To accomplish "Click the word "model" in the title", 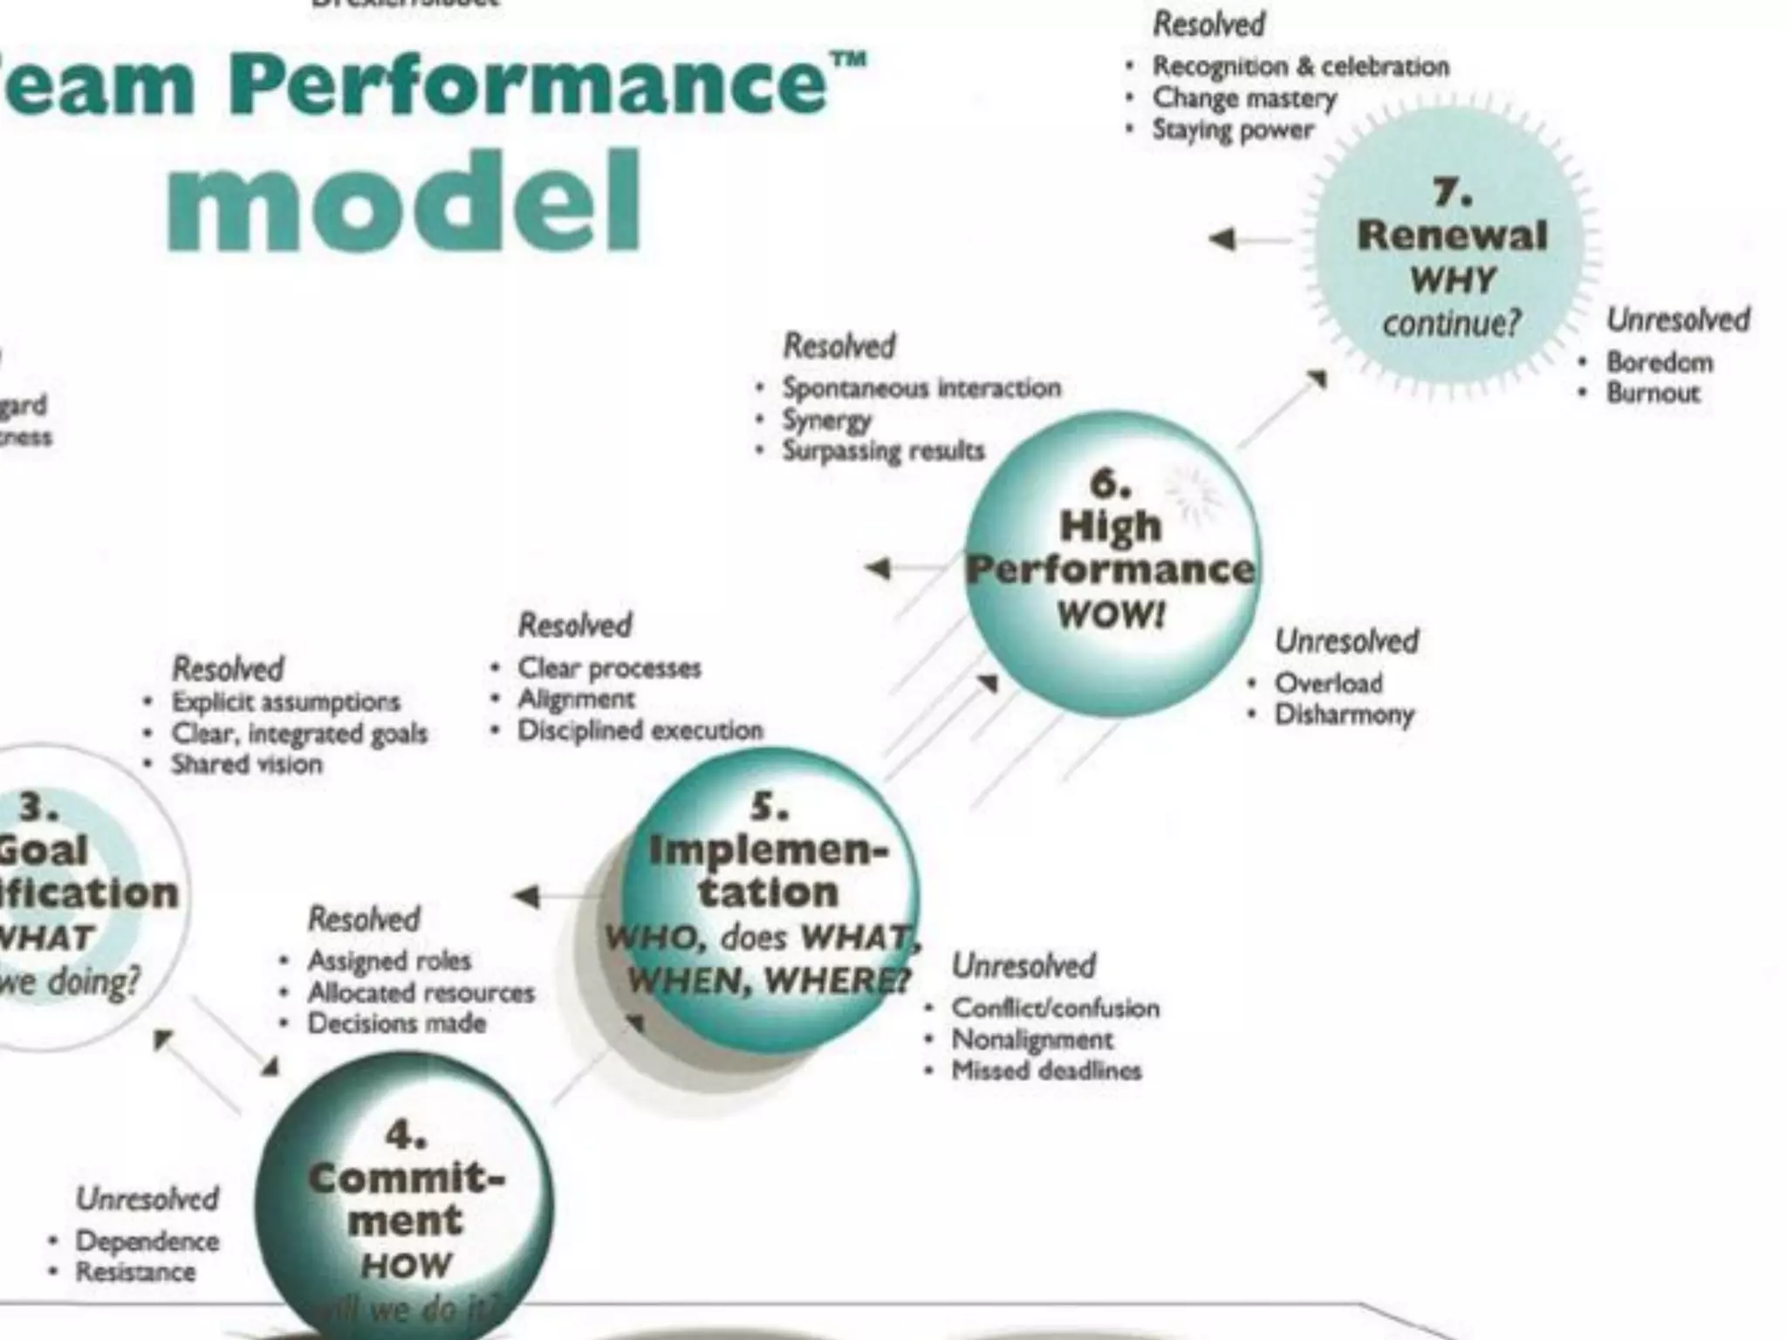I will (403, 202).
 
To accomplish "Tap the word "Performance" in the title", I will (527, 85).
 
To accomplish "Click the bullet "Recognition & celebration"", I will (1300, 66).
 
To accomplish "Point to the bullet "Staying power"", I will (1232, 130).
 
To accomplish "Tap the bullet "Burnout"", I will (1653, 393).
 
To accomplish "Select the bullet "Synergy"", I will (826, 420).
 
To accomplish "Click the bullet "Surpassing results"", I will (883, 451).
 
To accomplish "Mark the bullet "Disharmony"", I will (1344, 714).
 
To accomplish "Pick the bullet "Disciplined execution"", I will (640, 730).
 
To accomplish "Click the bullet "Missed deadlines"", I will (1046, 1070).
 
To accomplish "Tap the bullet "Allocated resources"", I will (421, 992).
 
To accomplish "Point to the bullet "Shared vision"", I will (247, 764).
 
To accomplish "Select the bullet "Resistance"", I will (135, 1272).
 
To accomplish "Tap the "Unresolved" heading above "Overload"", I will (1346, 641).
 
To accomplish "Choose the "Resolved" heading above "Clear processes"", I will (575, 625).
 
